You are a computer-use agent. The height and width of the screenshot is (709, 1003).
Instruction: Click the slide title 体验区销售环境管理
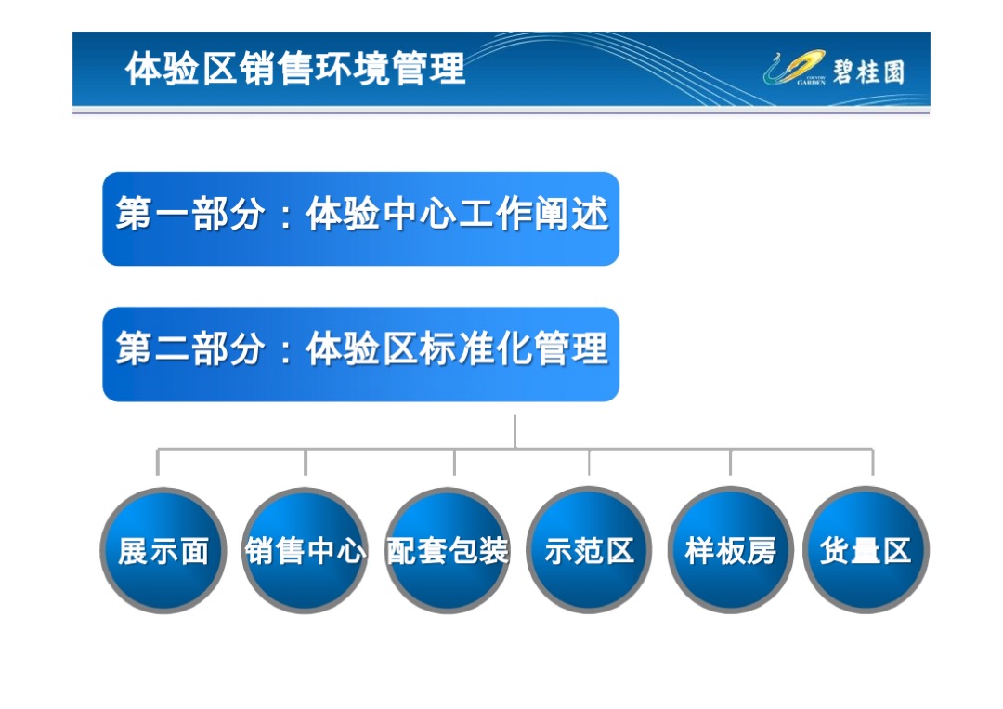295,70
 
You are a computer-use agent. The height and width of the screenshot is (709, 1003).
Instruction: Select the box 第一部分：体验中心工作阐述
360,219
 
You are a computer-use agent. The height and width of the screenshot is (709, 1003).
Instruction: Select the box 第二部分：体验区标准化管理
360,354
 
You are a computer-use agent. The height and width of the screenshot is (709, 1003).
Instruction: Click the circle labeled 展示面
163,550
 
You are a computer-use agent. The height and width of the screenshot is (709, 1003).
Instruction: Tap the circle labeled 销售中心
305,550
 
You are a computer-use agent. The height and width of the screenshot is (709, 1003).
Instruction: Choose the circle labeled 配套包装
448,550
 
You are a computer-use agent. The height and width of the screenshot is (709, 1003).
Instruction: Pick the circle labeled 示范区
589,550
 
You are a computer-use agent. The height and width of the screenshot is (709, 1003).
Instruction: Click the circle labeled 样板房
730,550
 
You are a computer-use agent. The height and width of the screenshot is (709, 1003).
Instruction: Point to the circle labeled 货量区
866,550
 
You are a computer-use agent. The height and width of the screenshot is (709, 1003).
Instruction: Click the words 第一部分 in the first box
189,215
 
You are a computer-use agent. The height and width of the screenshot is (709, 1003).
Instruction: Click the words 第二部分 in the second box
189,350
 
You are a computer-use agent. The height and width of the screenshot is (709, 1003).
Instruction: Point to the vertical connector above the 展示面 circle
158,462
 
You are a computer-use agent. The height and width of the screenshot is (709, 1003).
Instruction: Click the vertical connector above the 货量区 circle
872,462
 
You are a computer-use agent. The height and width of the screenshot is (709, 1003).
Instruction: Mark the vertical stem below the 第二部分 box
515,431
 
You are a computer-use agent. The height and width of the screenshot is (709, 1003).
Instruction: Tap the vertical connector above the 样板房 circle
730,462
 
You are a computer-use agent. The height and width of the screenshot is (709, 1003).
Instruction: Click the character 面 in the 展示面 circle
194,551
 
